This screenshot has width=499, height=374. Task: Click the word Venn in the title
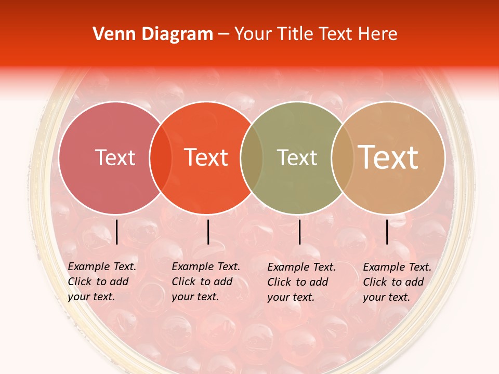click(110, 34)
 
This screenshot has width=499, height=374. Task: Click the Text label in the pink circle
click(115, 158)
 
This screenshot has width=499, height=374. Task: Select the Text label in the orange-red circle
click(206, 158)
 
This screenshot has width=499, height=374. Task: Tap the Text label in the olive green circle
click(297, 158)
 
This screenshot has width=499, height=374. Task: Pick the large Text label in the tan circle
click(388, 157)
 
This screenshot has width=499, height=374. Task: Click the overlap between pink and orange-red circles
click(161, 158)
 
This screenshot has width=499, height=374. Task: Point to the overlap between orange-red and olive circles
click(252, 158)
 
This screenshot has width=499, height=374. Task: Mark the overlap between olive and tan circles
click(342, 158)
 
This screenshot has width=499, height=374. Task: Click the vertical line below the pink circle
click(116, 232)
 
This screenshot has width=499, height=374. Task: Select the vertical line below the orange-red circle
click(208, 232)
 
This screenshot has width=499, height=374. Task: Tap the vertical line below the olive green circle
click(299, 232)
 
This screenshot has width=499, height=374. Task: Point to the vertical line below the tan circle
click(387, 232)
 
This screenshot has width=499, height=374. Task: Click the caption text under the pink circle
click(102, 282)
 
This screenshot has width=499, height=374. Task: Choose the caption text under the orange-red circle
click(206, 282)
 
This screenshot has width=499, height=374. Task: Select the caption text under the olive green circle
click(301, 282)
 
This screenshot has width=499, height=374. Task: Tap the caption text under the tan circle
click(397, 282)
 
